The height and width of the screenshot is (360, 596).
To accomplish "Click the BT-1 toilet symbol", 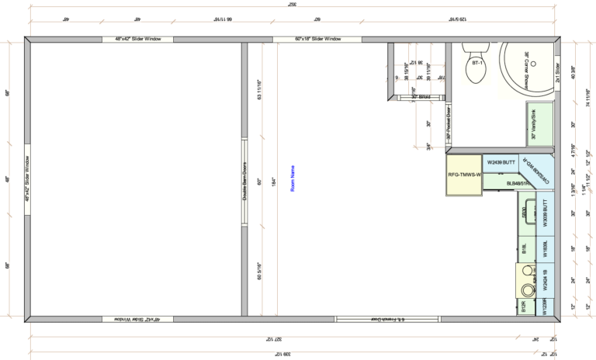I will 476,68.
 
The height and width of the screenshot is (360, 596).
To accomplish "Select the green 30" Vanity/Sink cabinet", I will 540,124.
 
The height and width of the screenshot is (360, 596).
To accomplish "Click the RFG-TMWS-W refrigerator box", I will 464,175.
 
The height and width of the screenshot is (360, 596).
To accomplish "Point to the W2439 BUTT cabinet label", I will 501,162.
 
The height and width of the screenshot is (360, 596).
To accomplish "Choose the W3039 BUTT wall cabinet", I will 546,213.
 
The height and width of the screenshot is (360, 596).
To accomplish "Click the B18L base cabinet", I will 525,249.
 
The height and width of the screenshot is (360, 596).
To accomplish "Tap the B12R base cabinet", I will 525,307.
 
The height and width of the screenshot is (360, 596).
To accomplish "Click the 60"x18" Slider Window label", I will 317,39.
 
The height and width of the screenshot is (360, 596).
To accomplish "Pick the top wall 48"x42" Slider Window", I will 138,39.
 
